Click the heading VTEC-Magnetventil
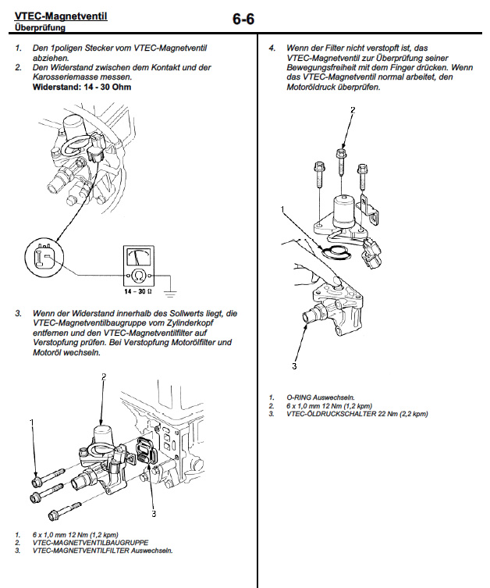[61, 16]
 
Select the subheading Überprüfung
[40, 28]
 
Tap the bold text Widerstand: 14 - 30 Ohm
[82, 87]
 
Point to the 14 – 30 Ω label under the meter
[139, 290]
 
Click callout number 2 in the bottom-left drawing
[102, 376]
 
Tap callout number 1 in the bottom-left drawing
[32, 422]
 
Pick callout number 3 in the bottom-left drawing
[154, 513]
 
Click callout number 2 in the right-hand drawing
[352, 110]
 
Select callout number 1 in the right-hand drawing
[283, 209]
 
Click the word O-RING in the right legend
[300, 397]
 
